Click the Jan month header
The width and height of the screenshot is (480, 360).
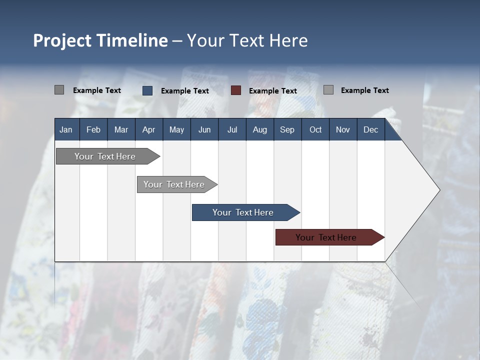[66, 129]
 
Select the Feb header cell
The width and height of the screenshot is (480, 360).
[93, 129]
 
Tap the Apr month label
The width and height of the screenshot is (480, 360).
[148, 129]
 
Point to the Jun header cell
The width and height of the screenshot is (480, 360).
[204, 129]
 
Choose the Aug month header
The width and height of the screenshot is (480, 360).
[259, 129]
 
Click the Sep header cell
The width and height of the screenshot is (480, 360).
[287, 129]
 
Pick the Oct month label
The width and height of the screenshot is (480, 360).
[315, 129]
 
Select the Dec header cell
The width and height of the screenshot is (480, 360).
[370, 129]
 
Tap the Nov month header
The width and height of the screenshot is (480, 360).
[343, 129]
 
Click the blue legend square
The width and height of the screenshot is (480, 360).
[147, 90]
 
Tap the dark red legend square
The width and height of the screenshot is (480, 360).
[236, 90]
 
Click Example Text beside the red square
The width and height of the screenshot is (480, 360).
[272, 91]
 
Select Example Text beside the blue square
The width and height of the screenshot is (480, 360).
[184, 91]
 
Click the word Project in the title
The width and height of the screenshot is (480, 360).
[62, 40]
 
